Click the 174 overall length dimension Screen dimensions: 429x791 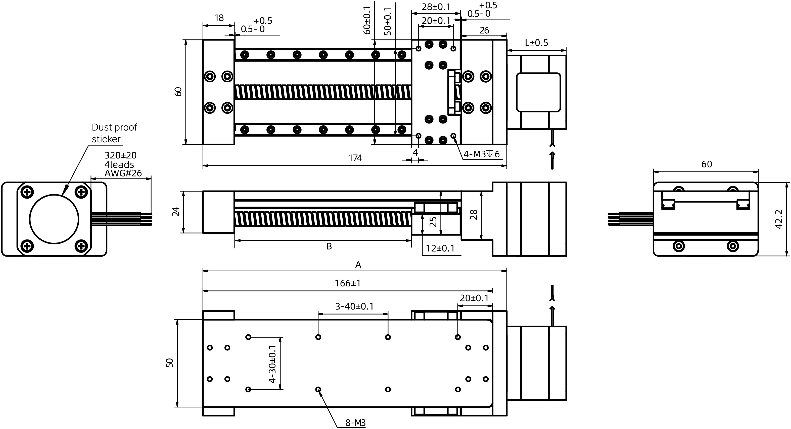point(355,158)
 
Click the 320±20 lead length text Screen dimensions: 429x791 point(120,155)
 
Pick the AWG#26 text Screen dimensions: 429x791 point(123,173)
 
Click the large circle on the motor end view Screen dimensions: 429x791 point(54,219)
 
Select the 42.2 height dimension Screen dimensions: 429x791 point(779,219)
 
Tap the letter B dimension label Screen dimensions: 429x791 point(329,246)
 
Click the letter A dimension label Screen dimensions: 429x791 point(358,265)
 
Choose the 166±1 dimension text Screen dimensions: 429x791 point(348,283)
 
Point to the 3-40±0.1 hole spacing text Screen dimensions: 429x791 point(354,306)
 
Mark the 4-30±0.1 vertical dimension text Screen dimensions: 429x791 point(272,364)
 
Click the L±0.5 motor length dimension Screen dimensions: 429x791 point(536,43)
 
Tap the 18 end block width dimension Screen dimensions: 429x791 point(219,18)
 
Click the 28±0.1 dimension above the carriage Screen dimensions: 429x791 point(436,7)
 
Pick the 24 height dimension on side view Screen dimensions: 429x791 point(176,212)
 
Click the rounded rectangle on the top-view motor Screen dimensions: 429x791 point(538,92)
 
